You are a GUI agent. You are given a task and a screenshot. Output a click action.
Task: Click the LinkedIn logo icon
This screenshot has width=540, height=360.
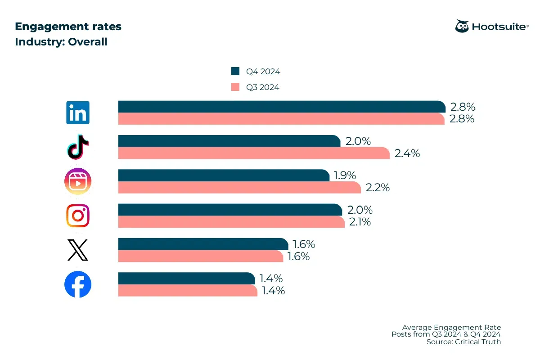pos(78,112)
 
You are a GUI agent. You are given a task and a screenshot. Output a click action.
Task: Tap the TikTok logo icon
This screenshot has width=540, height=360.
pos(78,147)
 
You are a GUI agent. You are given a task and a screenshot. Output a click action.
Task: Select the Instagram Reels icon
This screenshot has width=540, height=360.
pos(78,181)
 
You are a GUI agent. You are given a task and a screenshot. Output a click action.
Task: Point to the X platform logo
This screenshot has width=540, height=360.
pos(78,250)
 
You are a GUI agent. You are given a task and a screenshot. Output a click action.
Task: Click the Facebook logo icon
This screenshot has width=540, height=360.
pos(78,284)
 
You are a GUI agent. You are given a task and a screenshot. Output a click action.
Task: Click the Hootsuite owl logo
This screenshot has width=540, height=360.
pos(462,27)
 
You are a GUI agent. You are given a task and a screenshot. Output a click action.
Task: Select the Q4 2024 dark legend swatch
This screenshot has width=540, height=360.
pos(235,71)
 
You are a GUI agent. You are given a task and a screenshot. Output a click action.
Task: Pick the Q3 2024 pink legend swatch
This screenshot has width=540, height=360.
pos(235,87)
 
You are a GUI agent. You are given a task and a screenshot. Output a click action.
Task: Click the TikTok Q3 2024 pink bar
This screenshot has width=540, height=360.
pos(253,153)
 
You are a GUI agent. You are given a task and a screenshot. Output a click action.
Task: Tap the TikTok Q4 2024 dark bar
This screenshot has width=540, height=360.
pos(229,141)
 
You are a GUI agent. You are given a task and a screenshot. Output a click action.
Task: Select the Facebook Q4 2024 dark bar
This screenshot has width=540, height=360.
pos(186,279)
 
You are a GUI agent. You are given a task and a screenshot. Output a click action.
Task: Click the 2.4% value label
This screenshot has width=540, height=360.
pos(407,153)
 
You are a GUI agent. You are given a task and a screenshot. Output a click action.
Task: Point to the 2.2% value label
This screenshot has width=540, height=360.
pos(377,188)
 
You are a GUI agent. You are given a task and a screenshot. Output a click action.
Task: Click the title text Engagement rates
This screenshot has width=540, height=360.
pos(68,27)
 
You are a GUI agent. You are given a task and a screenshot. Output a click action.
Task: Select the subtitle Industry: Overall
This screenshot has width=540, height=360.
pos(61,42)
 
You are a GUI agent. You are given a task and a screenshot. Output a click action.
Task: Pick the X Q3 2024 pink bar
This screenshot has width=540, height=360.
pos(200,256)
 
